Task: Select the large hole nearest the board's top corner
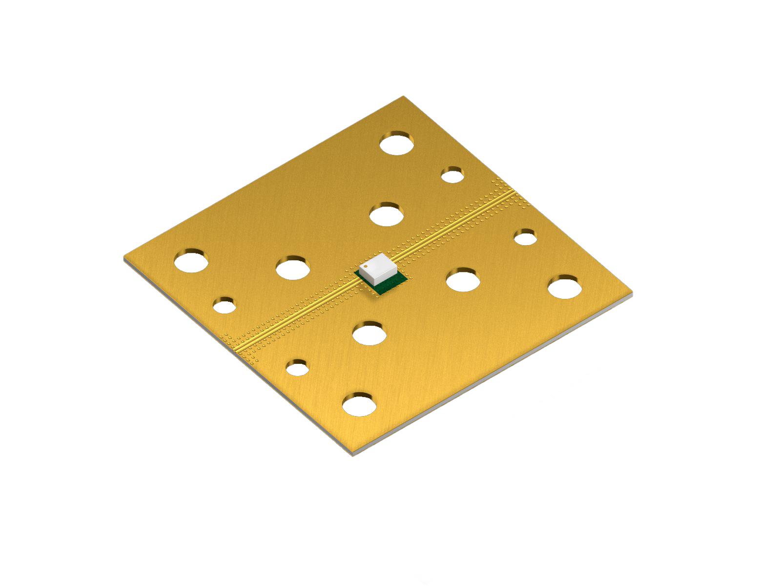pos(397,143)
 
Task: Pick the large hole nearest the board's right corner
pos(564,287)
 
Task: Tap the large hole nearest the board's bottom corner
pos(359,404)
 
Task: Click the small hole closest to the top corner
pos(452,174)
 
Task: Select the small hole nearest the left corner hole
pos(224,305)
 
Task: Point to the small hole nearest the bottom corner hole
pos(297,367)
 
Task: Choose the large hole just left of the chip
pos(293,267)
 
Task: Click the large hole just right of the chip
pos(463,280)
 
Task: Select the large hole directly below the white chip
pos(370,334)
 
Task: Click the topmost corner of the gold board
pos(403,97)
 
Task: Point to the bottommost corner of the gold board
pos(352,454)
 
